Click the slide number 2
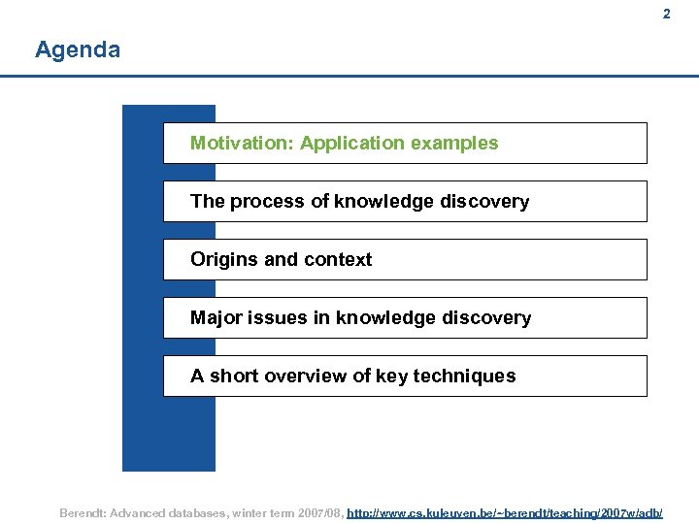[666, 15]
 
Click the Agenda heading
[78, 49]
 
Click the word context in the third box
[339, 260]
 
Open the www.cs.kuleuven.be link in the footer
[505, 511]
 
